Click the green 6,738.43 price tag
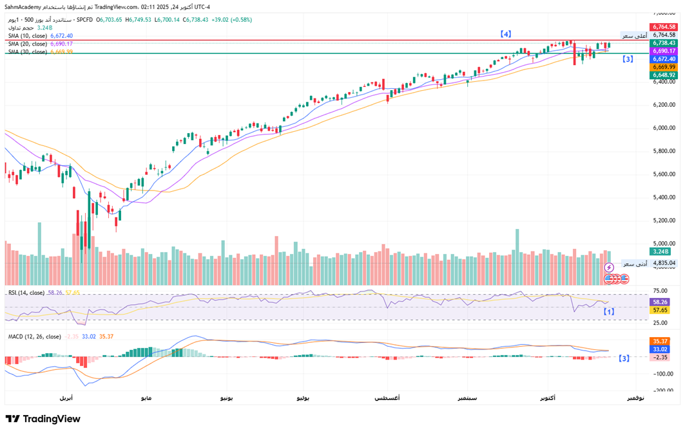[x=663, y=42]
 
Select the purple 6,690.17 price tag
[x=663, y=50]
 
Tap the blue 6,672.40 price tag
[x=663, y=59]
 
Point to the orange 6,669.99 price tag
[x=663, y=67]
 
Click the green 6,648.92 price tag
[x=663, y=75]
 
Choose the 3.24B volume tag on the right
[x=661, y=252]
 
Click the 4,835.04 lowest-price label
[x=663, y=263]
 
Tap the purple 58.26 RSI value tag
[x=661, y=302]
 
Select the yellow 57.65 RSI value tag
[x=661, y=310]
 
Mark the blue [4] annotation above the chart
[x=507, y=33]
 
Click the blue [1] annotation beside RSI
[x=608, y=311]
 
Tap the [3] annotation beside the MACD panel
[x=623, y=358]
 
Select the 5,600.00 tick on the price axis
[x=664, y=174]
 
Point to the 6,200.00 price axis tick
[x=664, y=105]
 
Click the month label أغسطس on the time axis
[x=387, y=398]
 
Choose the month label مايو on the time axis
[x=146, y=398]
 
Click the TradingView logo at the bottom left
[x=43, y=419]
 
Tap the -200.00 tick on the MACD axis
[x=663, y=391]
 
